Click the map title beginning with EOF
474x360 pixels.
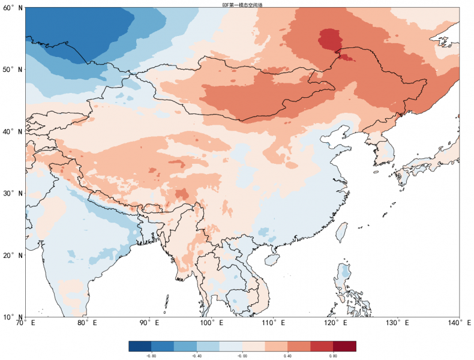pos(242,4)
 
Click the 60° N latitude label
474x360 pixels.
pos(13,8)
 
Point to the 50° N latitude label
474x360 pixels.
pos(13,70)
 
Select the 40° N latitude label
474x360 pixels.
pos(13,131)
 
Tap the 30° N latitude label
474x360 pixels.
pos(13,193)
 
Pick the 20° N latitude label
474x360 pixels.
pos(13,255)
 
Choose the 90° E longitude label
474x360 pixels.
pos(149,323)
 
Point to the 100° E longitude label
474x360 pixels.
pos(211,323)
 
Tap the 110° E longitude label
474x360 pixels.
pos(274,323)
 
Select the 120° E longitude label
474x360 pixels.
pos(335,323)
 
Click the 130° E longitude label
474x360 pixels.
pos(398,323)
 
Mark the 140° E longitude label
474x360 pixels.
pos(459,323)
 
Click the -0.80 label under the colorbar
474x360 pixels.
pos(151,356)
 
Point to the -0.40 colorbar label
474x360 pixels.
pos(197,356)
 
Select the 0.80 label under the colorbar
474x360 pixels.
pos(333,356)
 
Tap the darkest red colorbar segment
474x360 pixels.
pos(344,346)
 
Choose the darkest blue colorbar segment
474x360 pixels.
pos(140,346)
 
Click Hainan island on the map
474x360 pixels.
pos(272,260)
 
